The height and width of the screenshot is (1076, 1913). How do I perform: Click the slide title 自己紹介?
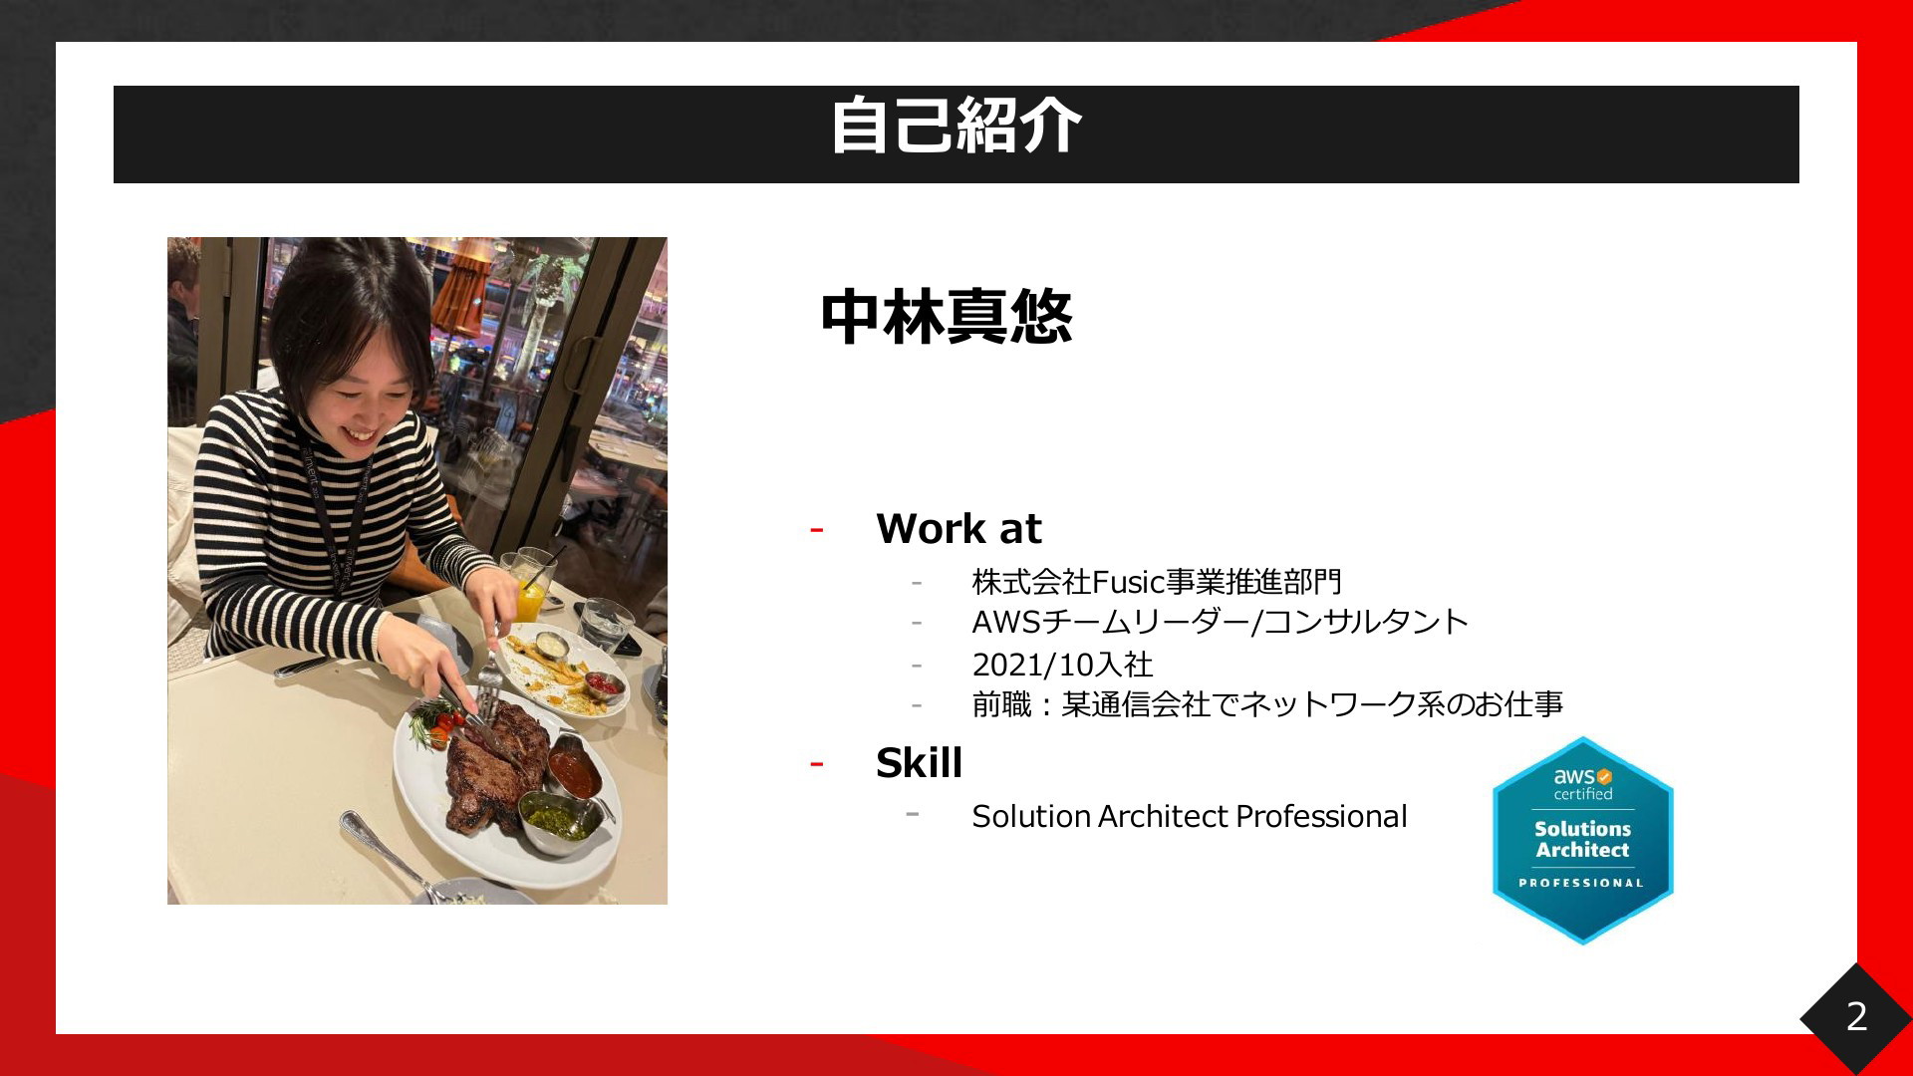point(956,126)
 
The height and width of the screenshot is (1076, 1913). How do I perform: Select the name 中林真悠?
point(947,318)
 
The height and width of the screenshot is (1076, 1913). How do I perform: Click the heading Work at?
point(958,528)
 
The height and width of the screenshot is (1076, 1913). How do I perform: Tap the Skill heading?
point(919,763)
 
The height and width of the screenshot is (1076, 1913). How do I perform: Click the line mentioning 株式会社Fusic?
point(1157,581)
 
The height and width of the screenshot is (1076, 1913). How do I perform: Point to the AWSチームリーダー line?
point(1220,622)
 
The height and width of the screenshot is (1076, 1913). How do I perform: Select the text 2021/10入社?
point(1062,664)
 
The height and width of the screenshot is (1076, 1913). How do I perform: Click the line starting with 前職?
point(1267,704)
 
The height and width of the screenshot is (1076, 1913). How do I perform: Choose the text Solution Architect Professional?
point(1190,816)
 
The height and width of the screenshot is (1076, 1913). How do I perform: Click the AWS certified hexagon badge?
point(1582,840)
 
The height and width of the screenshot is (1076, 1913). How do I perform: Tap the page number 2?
point(1856,1016)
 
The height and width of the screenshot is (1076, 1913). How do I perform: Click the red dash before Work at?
point(817,530)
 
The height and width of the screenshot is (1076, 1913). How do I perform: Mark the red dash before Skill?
point(817,765)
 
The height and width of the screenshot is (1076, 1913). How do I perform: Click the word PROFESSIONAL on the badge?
point(1581,883)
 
